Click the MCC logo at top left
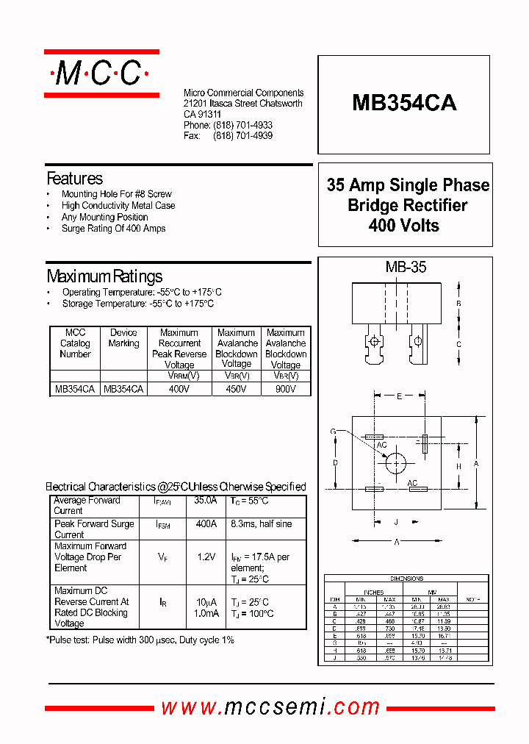[101, 74]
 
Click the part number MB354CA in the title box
[404, 103]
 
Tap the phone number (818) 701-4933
[242, 126]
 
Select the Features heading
[74, 179]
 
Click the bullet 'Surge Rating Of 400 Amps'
[113, 229]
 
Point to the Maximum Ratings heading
[104, 276]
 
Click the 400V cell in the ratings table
[179, 389]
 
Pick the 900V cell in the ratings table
[286, 389]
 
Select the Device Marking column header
[123, 338]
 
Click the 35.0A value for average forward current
[206, 501]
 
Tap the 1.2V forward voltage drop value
[206, 557]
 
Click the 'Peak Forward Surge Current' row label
[94, 529]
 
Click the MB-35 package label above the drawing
[406, 268]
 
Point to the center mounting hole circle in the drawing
[396, 463]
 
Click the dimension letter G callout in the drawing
[333, 431]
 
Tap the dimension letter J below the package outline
[395, 523]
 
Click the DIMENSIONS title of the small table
[406, 579]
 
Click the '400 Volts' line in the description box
[404, 226]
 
